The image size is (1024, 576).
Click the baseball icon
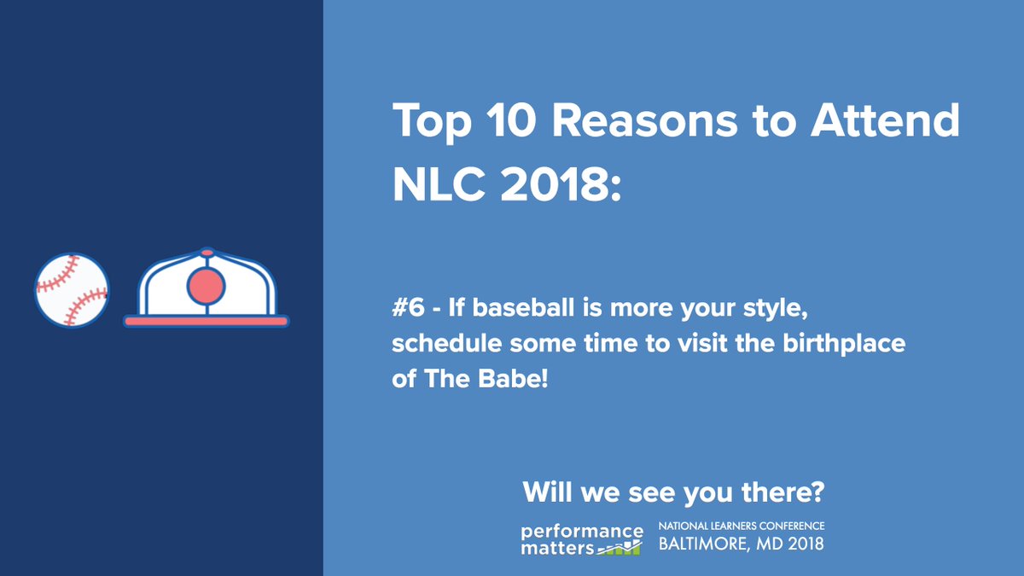click(x=72, y=290)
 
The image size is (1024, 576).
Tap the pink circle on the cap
click(x=207, y=286)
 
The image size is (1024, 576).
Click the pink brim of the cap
click(x=207, y=322)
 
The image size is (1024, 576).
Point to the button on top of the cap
click(x=207, y=253)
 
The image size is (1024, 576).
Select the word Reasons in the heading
click(x=644, y=120)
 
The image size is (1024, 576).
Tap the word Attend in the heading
click(x=885, y=120)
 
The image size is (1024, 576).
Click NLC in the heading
click(x=439, y=184)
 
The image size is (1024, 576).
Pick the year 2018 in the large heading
click(x=554, y=184)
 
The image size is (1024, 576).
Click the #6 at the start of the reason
click(x=408, y=307)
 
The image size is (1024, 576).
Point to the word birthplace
click(x=844, y=344)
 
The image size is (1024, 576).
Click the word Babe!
click(x=513, y=379)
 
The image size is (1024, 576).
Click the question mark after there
click(x=818, y=492)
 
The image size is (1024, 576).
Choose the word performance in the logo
click(x=582, y=532)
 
